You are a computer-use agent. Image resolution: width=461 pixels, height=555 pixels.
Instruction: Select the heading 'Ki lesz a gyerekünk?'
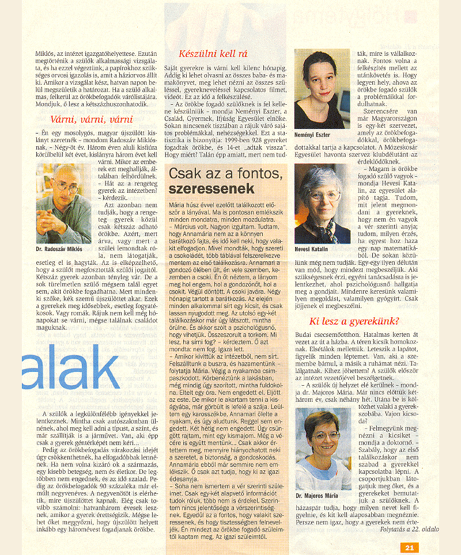click(354, 321)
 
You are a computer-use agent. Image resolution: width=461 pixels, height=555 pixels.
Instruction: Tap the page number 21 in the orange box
click(409, 548)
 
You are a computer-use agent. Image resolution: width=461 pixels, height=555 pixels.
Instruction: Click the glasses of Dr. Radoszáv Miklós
click(65, 188)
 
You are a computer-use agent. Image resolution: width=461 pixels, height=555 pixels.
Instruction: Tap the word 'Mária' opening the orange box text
click(175, 205)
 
